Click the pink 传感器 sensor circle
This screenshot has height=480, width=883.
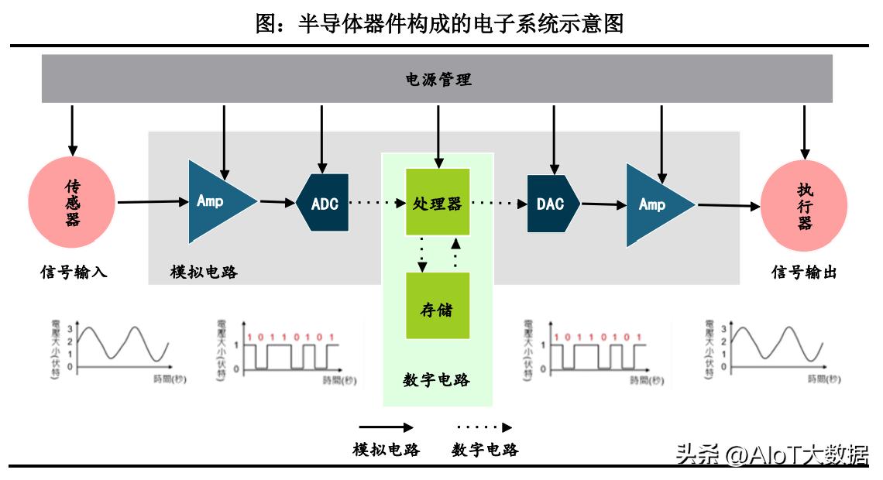[x=72, y=203]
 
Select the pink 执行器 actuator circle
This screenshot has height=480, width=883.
[x=804, y=206]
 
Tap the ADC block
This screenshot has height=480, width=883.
[x=324, y=204]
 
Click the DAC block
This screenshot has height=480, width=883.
[x=552, y=204]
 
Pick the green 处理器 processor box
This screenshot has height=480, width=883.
[x=438, y=203]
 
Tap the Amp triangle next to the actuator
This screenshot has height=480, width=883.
[x=655, y=204]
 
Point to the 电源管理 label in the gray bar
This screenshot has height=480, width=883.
[x=438, y=79]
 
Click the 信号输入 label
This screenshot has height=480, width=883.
[x=74, y=273]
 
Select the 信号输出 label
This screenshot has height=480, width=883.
[x=805, y=273]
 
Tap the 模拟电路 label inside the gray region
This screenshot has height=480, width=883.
[x=204, y=273]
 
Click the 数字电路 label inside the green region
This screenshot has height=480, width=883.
[x=437, y=380]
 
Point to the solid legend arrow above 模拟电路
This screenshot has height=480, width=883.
[x=385, y=427]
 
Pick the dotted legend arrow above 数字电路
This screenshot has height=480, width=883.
[x=484, y=427]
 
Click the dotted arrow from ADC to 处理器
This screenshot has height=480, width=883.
[x=377, y=204]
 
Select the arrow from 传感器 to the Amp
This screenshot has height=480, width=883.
[x=153, y=202]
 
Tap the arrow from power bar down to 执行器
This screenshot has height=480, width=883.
[x=805, y=132]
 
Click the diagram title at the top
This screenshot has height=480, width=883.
[x=439, y=23]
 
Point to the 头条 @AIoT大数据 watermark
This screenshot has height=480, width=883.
[x=771, y=454]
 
